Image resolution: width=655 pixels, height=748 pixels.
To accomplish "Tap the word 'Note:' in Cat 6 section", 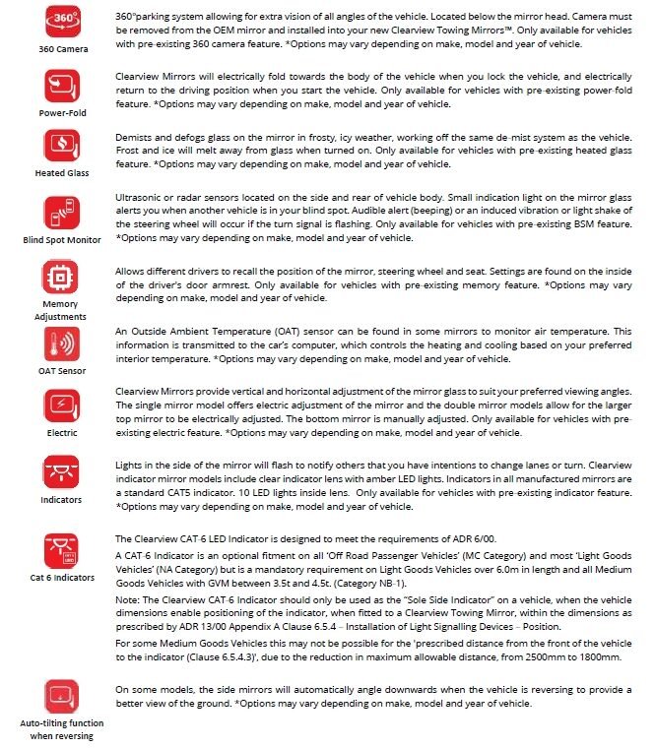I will [128, 598].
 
